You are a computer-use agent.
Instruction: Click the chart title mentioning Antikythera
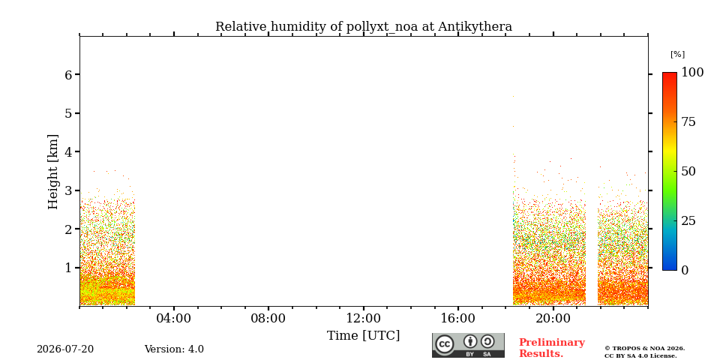364,27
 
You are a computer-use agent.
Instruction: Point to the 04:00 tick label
174,319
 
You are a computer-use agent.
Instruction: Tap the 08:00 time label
268,319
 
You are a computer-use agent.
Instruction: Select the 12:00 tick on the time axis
364,319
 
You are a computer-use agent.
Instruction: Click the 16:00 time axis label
458,319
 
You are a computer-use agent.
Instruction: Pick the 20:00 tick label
553,319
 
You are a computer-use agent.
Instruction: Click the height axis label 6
69,74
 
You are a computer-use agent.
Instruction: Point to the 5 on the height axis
69,113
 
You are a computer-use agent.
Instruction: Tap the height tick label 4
69,151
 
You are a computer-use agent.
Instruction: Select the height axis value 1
69,267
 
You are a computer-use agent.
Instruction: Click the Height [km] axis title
53,172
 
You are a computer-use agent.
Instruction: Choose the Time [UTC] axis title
363,336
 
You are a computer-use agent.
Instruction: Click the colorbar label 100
692,72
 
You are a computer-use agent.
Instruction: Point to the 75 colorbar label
688,121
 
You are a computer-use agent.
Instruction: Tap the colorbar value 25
688,220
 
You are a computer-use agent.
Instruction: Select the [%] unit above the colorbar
678,54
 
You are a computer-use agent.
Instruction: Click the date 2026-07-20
65,349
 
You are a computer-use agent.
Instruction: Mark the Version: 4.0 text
174,349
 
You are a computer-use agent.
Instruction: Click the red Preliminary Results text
552,348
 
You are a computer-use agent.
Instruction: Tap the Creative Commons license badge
468,345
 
